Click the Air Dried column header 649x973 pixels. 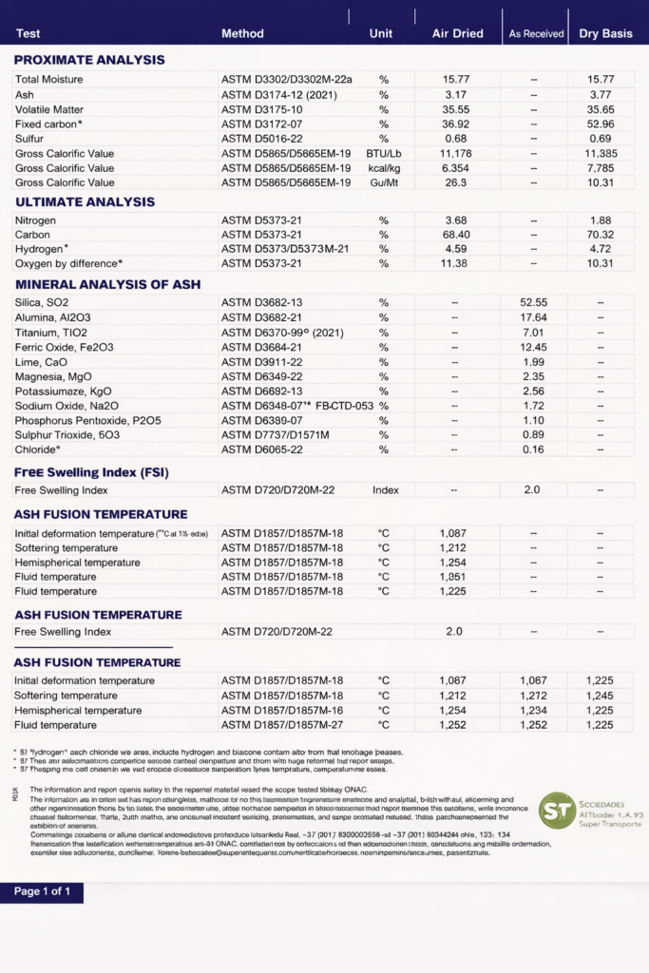pos(457,34)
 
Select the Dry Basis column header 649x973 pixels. pos(605,34)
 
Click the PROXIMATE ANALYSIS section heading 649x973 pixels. pos(89,60)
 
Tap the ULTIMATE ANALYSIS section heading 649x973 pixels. pos(85,201)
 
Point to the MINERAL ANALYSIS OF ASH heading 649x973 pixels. pos(107,284)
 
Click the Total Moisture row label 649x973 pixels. pos(48,80)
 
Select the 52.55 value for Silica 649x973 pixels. pos(533,302)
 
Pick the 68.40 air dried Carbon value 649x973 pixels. pos(455,235)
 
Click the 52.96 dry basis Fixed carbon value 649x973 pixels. pos(601,124)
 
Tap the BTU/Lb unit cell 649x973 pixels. pos(384,154)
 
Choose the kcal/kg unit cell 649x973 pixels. pos(384,168)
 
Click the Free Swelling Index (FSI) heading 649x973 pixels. pos(91,472)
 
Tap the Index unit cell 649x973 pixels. pos(385,490)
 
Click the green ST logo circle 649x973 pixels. pos(557,810)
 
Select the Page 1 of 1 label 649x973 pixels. pos(41,892)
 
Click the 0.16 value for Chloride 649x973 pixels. pos(533,449)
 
